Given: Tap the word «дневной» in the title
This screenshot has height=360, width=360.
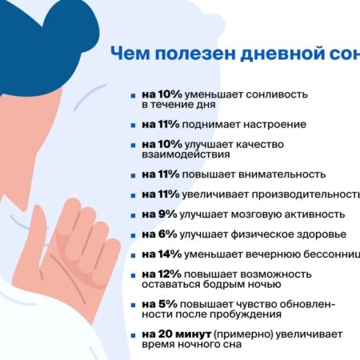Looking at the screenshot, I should [267, 55].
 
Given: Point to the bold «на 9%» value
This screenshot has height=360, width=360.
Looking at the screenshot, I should [156, 214].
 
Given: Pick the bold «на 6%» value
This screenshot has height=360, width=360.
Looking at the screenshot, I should [156, 234].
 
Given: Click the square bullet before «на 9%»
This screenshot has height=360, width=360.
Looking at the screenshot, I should [134, 214].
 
